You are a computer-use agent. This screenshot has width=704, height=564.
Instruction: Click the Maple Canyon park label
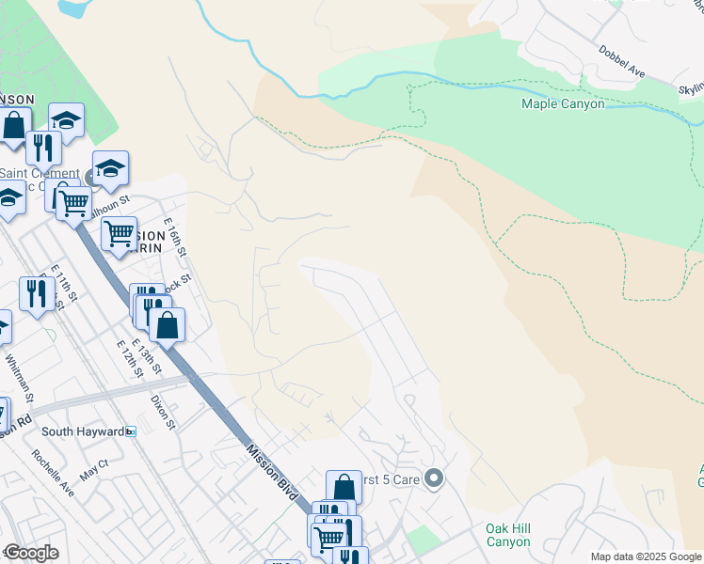coord(563,103)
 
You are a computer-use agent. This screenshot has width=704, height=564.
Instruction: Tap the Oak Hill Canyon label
coord(508,536)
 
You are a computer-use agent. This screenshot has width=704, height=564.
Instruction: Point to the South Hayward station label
coord(83,431)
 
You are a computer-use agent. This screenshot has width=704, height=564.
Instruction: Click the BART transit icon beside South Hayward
coord(131,431)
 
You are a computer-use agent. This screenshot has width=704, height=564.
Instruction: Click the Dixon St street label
coord(163,411)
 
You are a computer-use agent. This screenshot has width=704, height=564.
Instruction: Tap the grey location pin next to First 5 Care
coord(434,479)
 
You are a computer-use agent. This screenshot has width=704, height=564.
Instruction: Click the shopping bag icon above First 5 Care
coord(344,487)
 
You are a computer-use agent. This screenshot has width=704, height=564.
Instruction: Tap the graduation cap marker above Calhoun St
coord(110,168)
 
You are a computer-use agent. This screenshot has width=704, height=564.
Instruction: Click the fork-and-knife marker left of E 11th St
coord(36,294)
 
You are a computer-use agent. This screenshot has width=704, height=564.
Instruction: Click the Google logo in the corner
coord(31,553)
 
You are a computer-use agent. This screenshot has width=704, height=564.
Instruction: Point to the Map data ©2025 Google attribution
coord(646,556)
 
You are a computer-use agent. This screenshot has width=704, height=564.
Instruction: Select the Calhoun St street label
coord(109,206)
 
